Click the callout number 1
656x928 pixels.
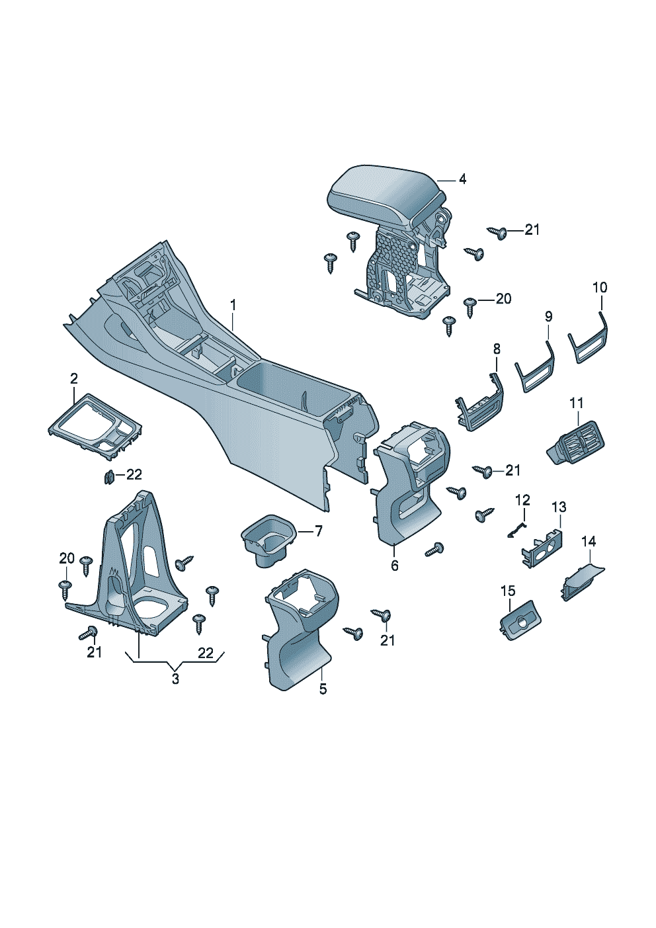[233, 306]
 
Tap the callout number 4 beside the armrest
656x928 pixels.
[463, 179]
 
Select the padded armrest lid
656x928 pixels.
[385, 194]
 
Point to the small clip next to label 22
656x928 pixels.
[108, 478]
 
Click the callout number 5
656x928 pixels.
[323, 689]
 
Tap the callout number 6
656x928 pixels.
[395, 565]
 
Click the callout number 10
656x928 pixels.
[600, 287]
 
